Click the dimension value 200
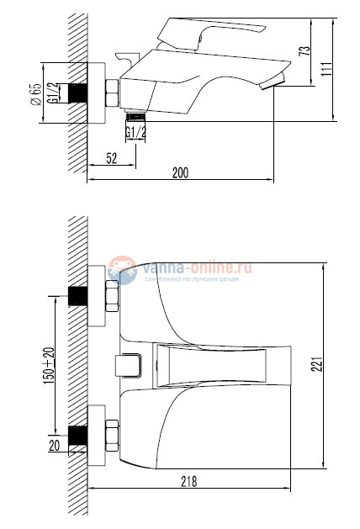[x=179, y=172]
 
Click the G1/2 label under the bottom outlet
[x=136, y=133]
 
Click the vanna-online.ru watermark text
[x=198, y=267]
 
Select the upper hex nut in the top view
[x=111, y=297]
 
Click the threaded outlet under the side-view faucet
[x=136, y=117]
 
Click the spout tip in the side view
[x=271, y=82]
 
